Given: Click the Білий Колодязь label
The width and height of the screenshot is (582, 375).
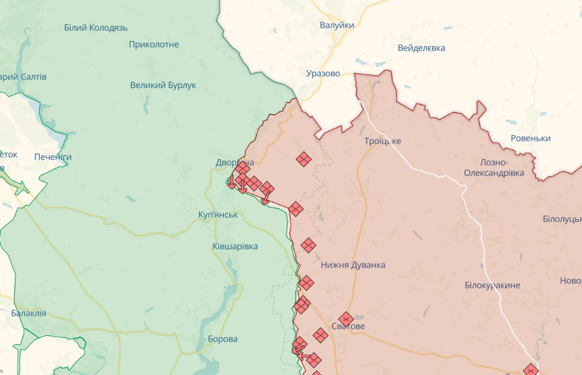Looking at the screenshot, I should click(95, 28).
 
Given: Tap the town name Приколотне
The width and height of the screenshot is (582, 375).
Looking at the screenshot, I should click(154, 44).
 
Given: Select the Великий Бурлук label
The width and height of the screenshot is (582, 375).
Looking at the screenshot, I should click(163, 85).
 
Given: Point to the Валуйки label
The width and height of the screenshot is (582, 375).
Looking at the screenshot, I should click(337, 25).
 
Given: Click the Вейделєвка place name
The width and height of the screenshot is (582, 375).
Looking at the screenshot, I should click(421, 48).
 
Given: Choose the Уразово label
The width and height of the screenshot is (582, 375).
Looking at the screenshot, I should click(323, 73).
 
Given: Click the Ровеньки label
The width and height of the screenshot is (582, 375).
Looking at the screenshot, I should click(530, 138).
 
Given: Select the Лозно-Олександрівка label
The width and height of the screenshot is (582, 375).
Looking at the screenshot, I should click(493, 167).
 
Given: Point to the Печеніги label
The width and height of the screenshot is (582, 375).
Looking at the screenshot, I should click(53, 157).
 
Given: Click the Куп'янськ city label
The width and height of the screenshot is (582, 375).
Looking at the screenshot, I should click(218, 214).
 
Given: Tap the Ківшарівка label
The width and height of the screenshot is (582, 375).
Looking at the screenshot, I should click(235, 247).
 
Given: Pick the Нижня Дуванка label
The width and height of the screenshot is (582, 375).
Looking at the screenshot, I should click(353, 265).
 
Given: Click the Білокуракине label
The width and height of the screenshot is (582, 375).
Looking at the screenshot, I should click(492, 286).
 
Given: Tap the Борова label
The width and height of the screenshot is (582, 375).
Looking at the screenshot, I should click(222, 339).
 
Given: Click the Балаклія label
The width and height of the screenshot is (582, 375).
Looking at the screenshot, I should click(28, 313).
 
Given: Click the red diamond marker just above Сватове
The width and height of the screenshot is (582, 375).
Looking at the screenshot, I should click(346, 319).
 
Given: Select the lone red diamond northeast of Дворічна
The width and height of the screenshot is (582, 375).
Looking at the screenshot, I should click(304, 159).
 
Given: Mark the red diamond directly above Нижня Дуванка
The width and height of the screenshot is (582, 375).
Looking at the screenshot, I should click(308, 245).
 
